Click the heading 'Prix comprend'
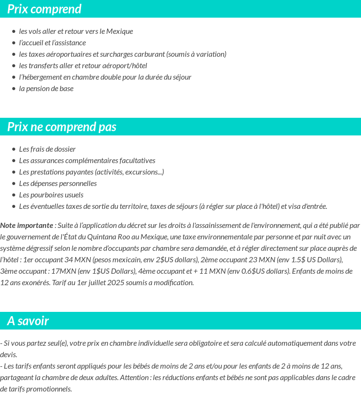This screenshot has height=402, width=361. [x=44, y=9]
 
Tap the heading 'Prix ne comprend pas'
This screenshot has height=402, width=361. [x=62, y=127]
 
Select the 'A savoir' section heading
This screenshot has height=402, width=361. [x=28, y=321]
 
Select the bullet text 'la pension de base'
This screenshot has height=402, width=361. [x=46, y=89]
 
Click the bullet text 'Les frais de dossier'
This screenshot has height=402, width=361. [x=47, y=149]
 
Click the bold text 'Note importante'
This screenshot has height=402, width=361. [x=27, y=226]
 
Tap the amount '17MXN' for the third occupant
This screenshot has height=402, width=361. [x=63, y=271]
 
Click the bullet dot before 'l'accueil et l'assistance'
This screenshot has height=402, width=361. [x=14, y=43]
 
